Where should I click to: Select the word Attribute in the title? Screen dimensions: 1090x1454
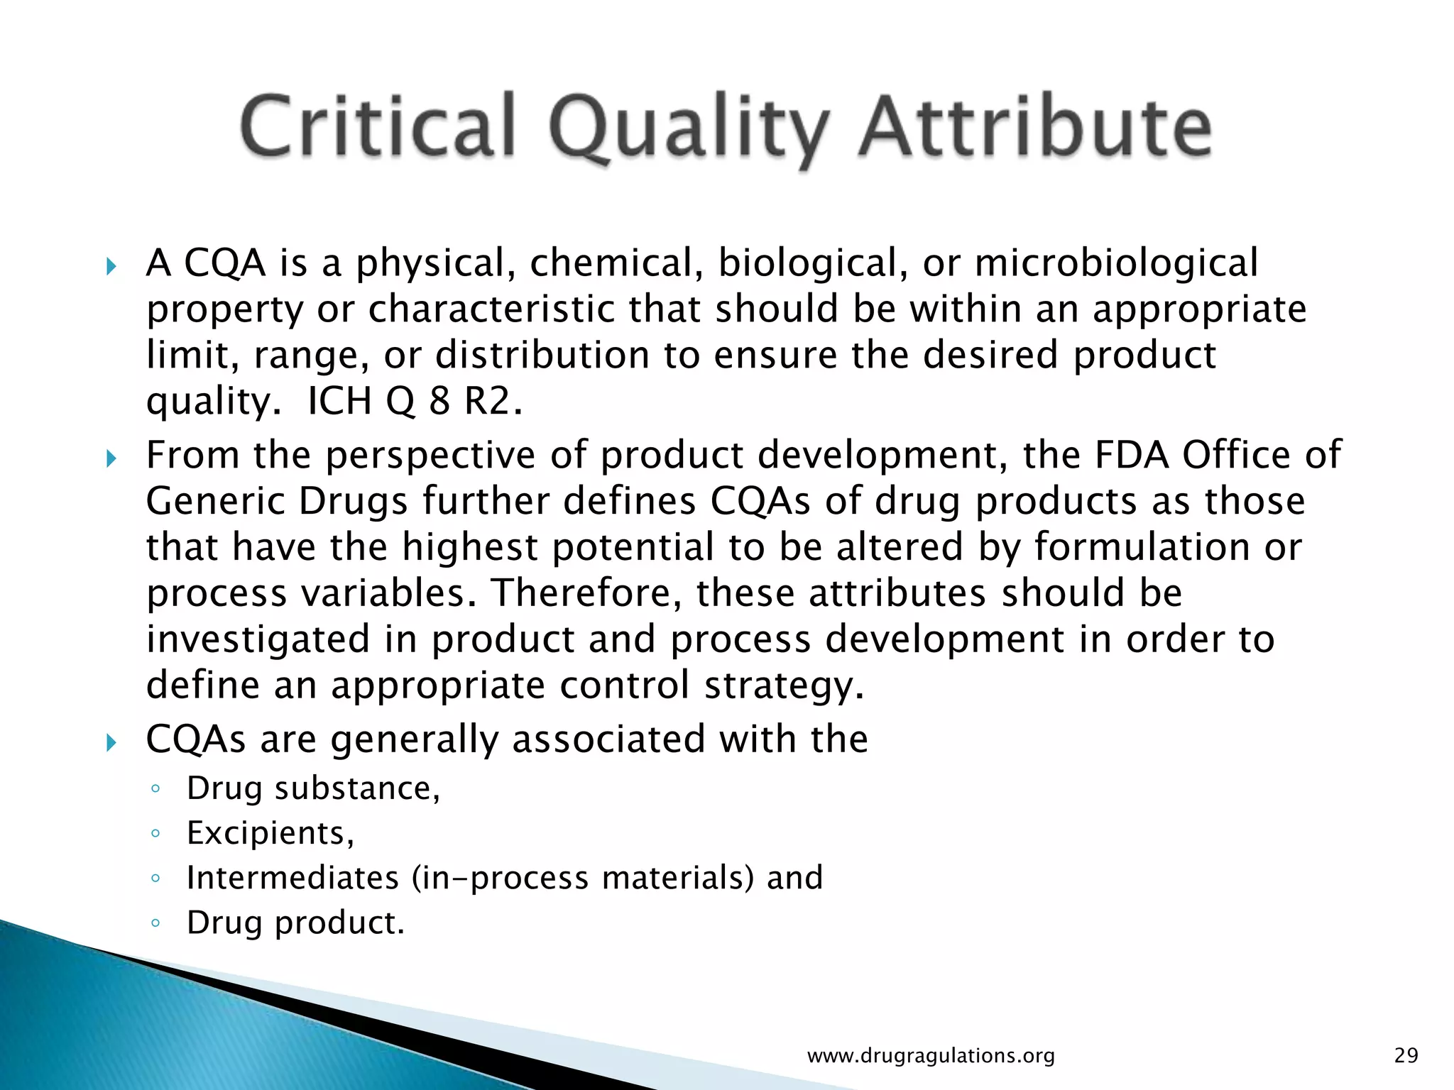coord(1035,126)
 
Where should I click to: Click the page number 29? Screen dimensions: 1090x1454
coord(1406,1055)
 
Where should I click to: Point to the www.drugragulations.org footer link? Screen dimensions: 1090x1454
coord(931,1056)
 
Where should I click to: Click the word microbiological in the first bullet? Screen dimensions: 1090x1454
coord(1116,263)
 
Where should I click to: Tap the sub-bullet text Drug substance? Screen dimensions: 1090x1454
coord(313,788)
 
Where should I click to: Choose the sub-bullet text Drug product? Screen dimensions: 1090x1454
coord(295,923)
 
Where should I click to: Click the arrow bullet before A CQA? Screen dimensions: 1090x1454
coord(111,268)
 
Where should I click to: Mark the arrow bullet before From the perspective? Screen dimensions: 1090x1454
coord(111,459)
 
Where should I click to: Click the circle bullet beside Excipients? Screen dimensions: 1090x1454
coord(155,834)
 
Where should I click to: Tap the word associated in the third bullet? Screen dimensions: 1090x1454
coord(608,739)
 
